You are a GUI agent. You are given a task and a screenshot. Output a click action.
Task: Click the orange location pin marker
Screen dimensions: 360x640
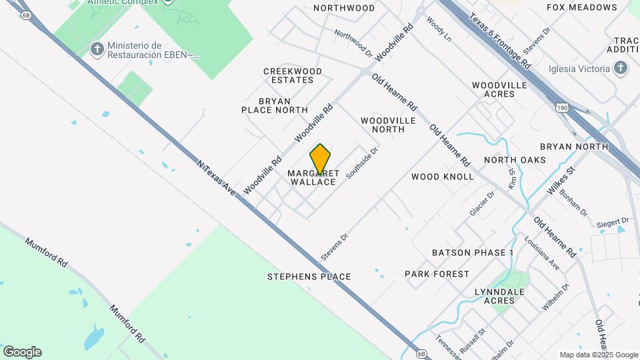point(321,159)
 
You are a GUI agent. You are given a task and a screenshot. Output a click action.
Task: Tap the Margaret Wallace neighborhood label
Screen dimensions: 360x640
point(313,177)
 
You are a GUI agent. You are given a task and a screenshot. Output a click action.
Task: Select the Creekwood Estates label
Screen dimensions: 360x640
point(293,75)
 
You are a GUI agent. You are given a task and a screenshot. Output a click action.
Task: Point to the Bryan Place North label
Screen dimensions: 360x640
point(275,105)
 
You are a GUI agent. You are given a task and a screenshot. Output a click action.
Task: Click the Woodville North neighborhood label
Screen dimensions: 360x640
point(388,125)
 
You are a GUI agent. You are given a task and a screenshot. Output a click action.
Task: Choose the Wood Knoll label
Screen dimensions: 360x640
point(442,177)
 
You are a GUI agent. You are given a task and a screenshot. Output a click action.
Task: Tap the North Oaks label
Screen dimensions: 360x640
point(515,160)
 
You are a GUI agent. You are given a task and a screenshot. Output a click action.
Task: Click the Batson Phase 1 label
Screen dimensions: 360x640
point(473,253)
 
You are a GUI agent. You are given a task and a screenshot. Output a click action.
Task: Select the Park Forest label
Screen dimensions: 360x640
point(437,274)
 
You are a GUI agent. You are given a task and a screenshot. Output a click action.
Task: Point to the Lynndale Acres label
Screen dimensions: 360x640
point(499,296)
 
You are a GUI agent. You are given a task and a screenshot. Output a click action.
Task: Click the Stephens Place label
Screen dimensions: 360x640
point(309,277)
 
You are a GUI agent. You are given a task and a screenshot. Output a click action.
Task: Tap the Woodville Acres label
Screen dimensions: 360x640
point(499,89)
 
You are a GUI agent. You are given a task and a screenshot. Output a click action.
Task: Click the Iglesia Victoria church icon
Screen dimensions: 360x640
point(621,68)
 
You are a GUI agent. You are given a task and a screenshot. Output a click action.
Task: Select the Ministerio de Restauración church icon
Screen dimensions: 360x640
point(97,49)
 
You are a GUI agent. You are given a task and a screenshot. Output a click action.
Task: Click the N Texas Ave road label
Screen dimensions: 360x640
point(217,177)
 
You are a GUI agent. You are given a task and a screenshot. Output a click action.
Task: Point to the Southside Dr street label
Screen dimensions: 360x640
point(362,163)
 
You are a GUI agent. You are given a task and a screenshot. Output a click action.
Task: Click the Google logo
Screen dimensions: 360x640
point(22,352)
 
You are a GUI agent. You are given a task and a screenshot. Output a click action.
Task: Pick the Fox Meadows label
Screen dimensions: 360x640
point(581,7)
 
